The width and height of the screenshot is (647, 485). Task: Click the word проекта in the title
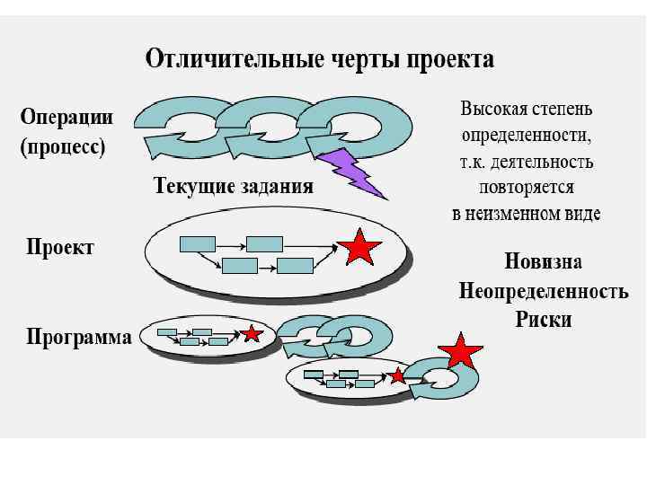tap(448, 60)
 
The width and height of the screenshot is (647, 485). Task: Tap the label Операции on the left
tap(67, 118)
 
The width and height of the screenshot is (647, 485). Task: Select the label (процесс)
tap(63, 146)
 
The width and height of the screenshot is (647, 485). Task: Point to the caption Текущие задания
tap(233, 187)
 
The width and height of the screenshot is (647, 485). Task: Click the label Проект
tap(59, 247)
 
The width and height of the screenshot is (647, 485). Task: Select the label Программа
tap(79, 337)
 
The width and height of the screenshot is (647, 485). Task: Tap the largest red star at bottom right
tap(459, 351)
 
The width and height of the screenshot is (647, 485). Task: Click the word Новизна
tap(543, 262)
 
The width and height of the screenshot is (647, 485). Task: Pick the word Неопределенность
tap(543, 291)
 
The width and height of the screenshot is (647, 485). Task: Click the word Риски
tap(543, 320)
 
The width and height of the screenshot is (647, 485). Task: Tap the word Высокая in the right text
tap(491, 110)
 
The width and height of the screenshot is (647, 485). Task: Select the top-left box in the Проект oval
tap(198, 242)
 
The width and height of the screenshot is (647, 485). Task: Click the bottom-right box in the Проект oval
tap(295, 265)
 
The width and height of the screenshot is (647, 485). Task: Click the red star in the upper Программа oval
tap(253, 333)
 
